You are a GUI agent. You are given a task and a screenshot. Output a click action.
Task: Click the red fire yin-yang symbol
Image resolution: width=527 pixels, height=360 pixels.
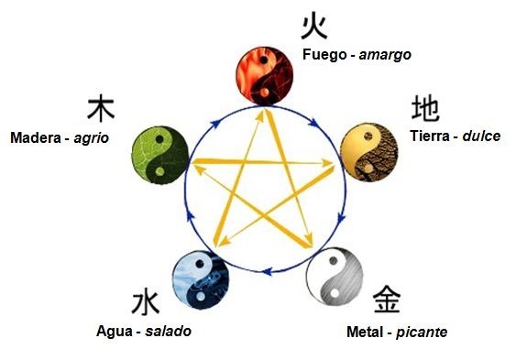265,75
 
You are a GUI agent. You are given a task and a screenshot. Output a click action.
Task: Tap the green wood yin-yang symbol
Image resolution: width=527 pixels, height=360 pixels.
159,155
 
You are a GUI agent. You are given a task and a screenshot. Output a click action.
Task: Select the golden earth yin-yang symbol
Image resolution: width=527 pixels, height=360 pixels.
369,152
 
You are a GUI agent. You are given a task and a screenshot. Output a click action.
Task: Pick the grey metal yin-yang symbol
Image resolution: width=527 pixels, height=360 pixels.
335,277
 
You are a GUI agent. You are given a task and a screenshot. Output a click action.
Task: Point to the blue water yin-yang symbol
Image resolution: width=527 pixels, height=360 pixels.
201,279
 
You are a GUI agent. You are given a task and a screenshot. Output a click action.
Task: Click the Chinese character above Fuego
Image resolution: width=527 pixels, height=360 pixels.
313,26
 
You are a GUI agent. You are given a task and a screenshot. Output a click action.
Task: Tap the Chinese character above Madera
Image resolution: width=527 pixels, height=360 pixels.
101,108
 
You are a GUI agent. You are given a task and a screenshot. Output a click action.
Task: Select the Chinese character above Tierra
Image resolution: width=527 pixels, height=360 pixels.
425,108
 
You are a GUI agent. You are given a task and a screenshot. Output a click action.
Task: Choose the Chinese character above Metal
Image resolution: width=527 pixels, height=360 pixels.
387,300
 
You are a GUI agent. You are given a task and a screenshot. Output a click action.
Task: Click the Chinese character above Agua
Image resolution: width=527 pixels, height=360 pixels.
145,303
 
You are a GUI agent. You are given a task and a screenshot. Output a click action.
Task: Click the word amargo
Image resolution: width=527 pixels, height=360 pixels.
385,55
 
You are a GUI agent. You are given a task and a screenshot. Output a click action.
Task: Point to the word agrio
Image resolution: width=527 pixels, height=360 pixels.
92,138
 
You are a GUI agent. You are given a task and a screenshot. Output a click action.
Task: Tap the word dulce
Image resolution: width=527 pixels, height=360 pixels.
481,136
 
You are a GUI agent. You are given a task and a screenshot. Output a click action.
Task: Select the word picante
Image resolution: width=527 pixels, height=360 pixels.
422,333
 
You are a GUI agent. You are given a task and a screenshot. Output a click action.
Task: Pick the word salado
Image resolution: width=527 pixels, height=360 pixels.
169,331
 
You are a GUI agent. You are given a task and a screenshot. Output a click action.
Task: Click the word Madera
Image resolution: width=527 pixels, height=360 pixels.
36,137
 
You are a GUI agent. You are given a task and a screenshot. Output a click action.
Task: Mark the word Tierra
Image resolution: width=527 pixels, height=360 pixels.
430,136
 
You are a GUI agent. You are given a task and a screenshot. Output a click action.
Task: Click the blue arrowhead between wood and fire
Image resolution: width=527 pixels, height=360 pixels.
214,124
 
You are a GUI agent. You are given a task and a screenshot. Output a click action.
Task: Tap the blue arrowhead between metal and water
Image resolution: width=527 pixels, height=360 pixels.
267,271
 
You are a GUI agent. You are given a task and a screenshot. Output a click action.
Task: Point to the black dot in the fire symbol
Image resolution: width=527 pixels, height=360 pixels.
264,60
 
